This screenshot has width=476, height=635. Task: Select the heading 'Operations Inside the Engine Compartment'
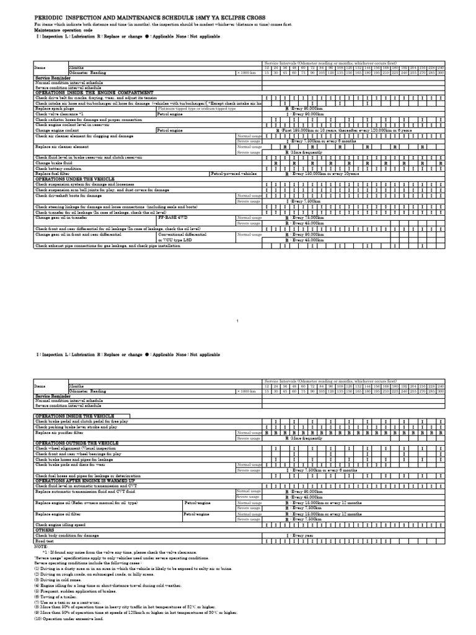pos(93,92)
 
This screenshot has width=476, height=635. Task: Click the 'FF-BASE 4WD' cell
pos(174,218)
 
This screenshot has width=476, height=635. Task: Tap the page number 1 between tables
pos(238,321)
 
